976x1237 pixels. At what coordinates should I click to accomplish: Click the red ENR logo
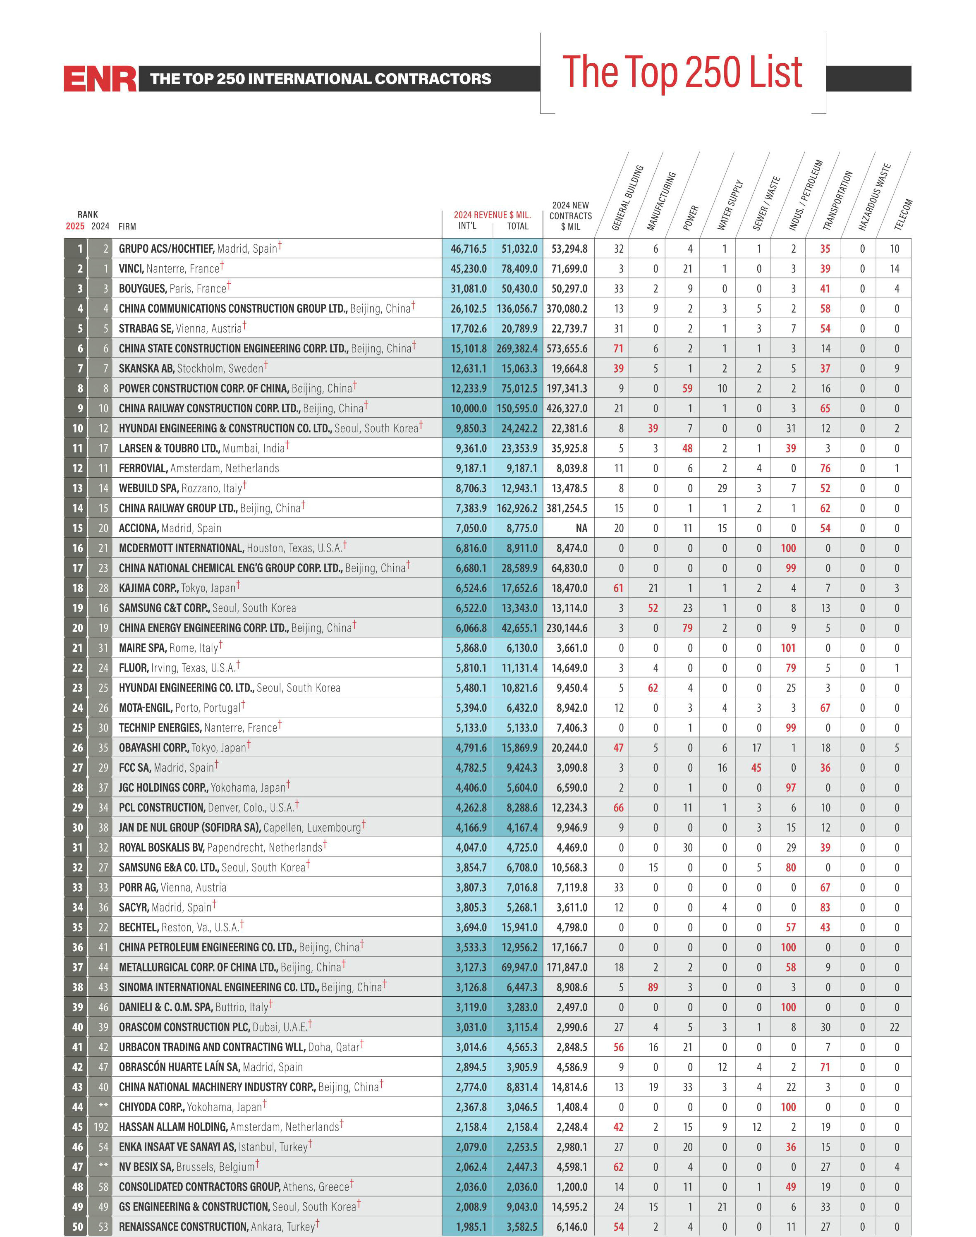pyautogui.click(x=100, y=78)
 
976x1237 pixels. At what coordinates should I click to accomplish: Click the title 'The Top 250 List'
pyautogui.click(x=682, y=72)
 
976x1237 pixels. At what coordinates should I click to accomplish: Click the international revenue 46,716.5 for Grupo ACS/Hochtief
pyautogui.click(x=469, y=249)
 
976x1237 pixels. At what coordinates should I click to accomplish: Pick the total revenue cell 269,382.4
pyautogui.click(x=519, y=349)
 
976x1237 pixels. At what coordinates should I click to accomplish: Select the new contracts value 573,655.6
pyautogui.click(x=567, y=349)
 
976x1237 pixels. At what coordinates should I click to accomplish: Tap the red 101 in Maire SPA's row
pyautogui.click(x=788, y=648)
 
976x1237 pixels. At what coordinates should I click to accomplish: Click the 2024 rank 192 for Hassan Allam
pyautogui.click(x=100, y=1127)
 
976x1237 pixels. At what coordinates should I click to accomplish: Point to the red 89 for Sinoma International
pyautogui.click(x=653, y=987)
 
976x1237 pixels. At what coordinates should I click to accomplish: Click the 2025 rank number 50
pyautogui.click(x=78, y=1227)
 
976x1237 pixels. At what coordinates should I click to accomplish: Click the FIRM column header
pyautogui.click(x=127, y=226)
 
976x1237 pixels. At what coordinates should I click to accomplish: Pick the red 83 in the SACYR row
pyautogui.click(x=825, y=907)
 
